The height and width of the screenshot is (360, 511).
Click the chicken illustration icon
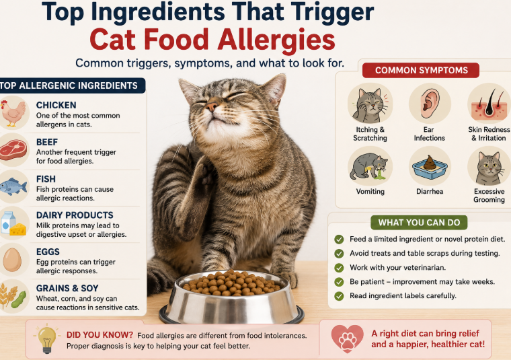click(x=13, y=113)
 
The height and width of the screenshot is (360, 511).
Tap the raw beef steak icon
click(x=13, y=149)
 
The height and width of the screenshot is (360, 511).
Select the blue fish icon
click(x=13, y=186)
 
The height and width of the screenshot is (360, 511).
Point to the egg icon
click(x=12, y=260)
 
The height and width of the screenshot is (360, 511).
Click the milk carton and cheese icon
click(x=13, y=223)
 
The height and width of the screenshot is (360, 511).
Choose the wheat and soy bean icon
click(x=13, y=296)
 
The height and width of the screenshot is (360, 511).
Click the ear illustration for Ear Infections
click(x=430, y=104)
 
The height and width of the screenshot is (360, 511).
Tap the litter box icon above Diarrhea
click(x=430, y=167)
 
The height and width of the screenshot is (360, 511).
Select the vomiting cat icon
click(x=369, y=167)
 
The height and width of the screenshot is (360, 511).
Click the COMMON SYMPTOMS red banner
click(x=421, y=70)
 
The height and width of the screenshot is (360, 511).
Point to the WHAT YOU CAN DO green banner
click(x=419, y=222)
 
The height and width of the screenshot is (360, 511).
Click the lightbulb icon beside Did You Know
click(x=47, y=339)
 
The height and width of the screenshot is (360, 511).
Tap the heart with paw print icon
click(x=347, y=338)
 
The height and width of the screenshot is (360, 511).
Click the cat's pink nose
click(x=212, y=106)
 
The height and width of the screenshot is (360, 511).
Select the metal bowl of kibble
click(x=232, y=297)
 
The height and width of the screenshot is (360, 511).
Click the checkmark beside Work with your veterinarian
click(x=339, y=268)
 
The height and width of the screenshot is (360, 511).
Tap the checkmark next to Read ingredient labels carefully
click(x=339, y=296)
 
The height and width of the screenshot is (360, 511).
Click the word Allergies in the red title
click(x=276, y=40)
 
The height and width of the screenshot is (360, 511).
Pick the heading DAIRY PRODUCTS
click(x=75, y=215)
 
